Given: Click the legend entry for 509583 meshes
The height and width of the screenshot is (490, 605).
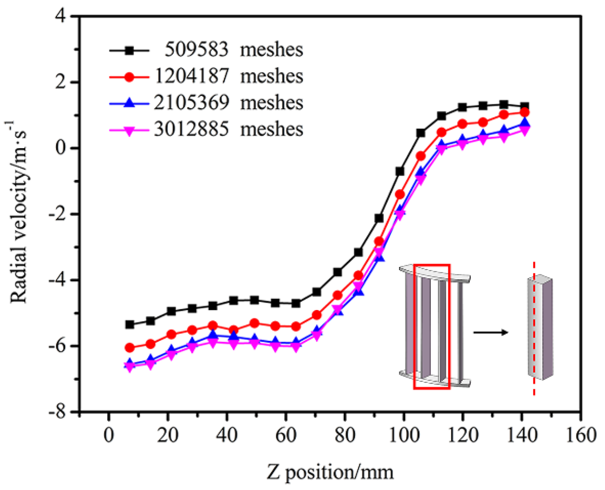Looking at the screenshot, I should [x=233, y=49].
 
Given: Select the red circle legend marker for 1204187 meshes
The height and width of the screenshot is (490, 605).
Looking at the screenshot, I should [x=129, y=77].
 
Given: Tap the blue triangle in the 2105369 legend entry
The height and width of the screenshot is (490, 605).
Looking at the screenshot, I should [x=129, y=103].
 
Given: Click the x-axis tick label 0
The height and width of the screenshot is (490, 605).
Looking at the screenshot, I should [x=109, y=435].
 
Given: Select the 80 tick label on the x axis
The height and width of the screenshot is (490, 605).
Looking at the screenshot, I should [x=345, y=435].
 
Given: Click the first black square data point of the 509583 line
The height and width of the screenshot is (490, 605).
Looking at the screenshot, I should [x=130, y=325].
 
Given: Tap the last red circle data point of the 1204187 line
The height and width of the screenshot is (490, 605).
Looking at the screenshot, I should [x=524, y=112].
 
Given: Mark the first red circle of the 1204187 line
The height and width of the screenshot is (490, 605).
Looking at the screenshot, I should [x=130, y=348].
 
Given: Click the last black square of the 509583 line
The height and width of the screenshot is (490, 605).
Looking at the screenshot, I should [x=524, y=106].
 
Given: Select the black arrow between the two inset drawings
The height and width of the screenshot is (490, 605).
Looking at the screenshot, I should [x=490, y=332].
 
